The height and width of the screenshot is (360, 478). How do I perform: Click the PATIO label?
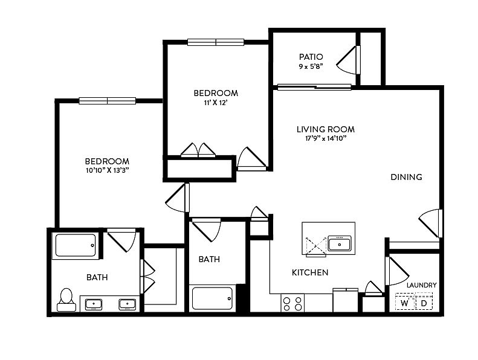tap(311, 57)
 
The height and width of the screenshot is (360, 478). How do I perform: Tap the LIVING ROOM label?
tap(326, 129)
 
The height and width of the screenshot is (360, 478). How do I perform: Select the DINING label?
tap(406, 177)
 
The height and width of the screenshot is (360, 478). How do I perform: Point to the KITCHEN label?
tap(310, 272)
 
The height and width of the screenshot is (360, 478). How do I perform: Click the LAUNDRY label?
tap(422, 285)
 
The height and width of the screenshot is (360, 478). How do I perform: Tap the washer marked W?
tap(404, 301)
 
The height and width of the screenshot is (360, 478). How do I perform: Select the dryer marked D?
tap(424, 301)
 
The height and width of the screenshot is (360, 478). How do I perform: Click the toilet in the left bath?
tap(66, 300)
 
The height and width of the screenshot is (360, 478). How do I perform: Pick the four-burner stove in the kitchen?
tap(292, 303)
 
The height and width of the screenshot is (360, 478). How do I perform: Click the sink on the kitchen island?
tap(339, 243)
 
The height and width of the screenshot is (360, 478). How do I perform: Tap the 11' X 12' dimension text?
tap(216, 103)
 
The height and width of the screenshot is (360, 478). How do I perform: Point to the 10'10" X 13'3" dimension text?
tap(107, 170)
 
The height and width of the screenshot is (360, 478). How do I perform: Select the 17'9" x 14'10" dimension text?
tap(326, 138)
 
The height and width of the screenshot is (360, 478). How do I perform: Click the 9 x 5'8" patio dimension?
tap(311, 66)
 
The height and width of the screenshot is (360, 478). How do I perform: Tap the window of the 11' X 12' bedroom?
tap(216, 42)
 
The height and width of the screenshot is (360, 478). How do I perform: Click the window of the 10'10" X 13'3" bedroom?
tap(108, 101)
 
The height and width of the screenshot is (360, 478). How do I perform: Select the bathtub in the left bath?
tap(76, 245)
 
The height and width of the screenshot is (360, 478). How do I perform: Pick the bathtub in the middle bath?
tap(213, 298)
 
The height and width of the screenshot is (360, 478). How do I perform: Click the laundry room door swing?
tap(398, 271)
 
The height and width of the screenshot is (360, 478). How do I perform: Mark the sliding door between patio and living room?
tap(314, 87)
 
